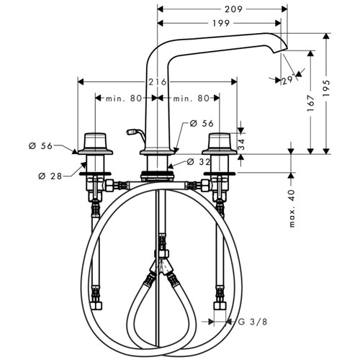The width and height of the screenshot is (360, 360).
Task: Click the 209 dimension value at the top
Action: pyautogui.click(x=233, y=9)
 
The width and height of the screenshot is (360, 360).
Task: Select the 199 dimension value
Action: pyautogui.click(x=221, y=23)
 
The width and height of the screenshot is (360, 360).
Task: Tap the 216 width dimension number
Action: pyautogui.click(x=157, y=82)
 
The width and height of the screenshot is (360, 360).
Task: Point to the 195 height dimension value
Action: pyautogui.click(x=326, y=89)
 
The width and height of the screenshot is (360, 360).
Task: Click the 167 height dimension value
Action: pyautogui.click(x=311, y=103)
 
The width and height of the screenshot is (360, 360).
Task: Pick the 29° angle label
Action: pyautogui.click(x=288, y=80)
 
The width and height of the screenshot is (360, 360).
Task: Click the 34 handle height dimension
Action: pyautogui.click(x=242, y=144)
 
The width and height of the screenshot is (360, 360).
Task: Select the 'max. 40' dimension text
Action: pyautogui.click(x=292, y=208)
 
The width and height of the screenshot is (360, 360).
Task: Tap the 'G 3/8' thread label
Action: pyautogui.click(x=253, y=322)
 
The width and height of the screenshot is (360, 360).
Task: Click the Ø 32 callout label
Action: pyautogui.click(x=199, y=162)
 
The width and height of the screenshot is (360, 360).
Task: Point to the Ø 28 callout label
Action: pyautogui.click(x=50, y=176)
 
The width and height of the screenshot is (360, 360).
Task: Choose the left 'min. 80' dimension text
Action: pyautogui.click(x=124, y=98)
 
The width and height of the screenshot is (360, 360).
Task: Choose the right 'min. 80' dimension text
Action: pyautogui.click(x=192, y=98)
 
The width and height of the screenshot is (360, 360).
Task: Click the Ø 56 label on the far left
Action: pyautogui.click(x=40, y=145)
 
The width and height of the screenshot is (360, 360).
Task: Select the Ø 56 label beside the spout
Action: pyautogui.click(x=202, y=123)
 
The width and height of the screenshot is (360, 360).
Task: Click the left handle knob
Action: pyautogui.click(x=95, y=141)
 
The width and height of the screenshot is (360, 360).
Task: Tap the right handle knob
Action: pyautogui.click(x=220, y=141)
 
